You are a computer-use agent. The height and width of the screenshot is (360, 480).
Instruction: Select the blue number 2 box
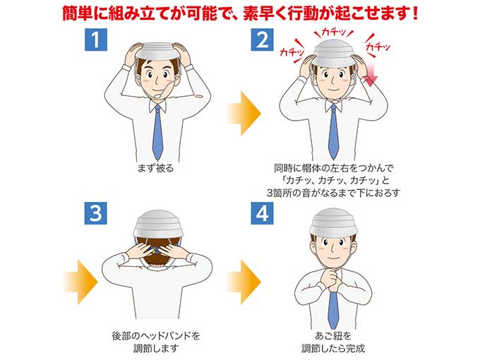coord(262,40)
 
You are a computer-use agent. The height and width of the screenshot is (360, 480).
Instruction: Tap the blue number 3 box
coord(95,212)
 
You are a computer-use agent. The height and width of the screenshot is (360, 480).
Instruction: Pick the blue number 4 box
coord(262,212)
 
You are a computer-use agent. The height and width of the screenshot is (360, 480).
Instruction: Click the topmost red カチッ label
coord(332,32)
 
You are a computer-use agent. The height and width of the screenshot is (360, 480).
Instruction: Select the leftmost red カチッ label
coord(292,52)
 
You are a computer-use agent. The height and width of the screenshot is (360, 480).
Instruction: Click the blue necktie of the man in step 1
coord(157,131)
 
